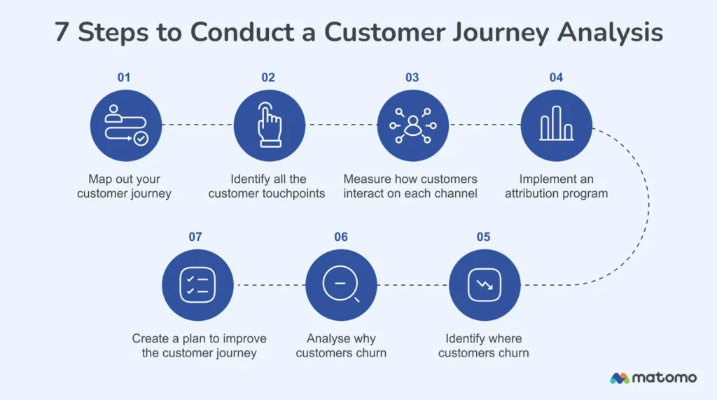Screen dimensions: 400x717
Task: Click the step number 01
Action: [x=124, y=78]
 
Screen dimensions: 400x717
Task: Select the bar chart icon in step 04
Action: [x=556, y=125]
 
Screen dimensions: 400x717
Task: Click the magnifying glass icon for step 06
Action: [x=341, y=285]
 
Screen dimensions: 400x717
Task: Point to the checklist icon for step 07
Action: [x=197, y=285]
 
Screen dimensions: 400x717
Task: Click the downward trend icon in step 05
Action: [x=484, y=285]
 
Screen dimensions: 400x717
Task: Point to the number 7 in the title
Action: [x=62, y=32]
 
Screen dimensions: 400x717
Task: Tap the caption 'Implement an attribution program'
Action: [x=556, y=186]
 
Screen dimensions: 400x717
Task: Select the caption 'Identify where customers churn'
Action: [x=484, y=345]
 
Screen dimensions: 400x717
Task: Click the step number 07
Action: [x=195, y=237]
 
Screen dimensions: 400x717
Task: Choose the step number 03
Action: [x=412, y=78]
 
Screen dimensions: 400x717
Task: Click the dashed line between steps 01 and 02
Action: [x=197, y=125]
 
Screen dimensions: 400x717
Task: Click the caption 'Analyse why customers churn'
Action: [x=341, y=345]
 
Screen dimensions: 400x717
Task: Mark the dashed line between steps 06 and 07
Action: [x=269, y=285]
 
